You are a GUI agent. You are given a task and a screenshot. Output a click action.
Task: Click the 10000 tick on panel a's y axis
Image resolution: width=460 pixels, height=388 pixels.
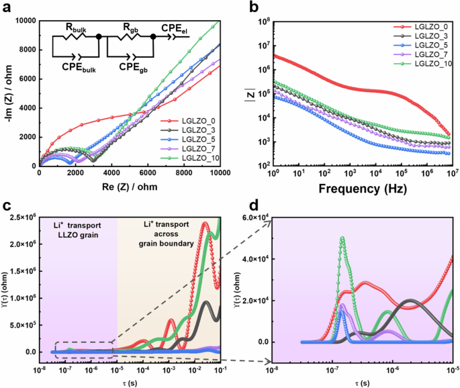(23, 21)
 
